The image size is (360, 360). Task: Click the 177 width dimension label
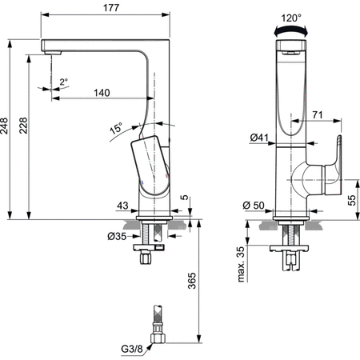coord(111,8)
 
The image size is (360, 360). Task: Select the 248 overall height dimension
coord(5,126)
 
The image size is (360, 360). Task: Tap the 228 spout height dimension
coord(23,126)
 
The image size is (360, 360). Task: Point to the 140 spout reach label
coord(102,93)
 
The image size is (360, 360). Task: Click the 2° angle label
coord(63,82)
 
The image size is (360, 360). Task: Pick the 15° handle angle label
coord(116,128)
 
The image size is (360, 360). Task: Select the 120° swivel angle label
coord(291,18)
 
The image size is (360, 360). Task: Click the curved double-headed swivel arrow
coord(290,30)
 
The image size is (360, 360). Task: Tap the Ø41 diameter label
coord(259,138)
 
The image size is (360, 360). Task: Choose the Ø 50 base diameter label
coord(254,206)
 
